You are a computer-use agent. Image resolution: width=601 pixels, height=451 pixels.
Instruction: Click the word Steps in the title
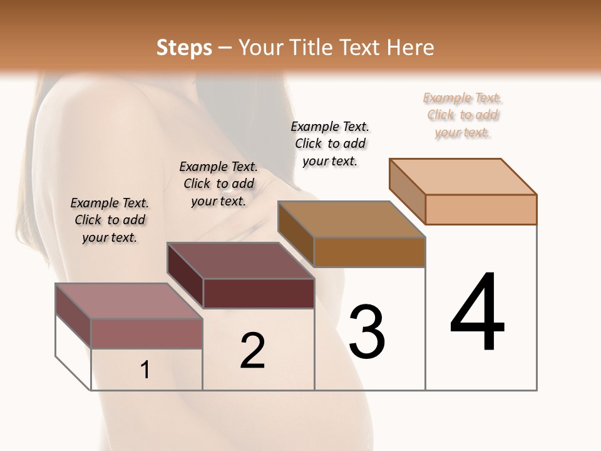(184, 48)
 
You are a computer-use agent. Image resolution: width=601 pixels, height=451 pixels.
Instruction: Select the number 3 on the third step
(367, 332)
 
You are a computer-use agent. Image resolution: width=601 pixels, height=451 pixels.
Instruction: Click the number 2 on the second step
(253, 351)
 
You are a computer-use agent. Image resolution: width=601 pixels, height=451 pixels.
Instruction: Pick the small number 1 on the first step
(145, 370)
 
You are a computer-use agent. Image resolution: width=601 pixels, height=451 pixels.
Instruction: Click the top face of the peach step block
(463, 176)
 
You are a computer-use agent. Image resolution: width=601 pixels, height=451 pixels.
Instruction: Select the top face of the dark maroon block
(240, 261)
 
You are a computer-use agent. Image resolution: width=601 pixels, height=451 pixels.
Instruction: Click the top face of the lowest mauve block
(129, 301)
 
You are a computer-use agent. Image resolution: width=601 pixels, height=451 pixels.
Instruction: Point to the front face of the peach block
(481, 209)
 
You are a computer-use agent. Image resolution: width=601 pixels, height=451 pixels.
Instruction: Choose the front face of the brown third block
(369, 252)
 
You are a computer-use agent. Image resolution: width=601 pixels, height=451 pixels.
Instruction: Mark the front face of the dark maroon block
(259, 293)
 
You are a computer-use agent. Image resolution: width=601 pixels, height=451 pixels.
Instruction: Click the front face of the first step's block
(147, 333)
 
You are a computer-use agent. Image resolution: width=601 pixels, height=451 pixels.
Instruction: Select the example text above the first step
(110, 220)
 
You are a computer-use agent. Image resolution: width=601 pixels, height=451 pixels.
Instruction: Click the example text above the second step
(218, 184)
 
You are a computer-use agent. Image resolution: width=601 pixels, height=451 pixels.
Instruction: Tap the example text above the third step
(330, 143)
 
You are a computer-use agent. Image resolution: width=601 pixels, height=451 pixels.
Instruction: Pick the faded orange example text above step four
(463, 115)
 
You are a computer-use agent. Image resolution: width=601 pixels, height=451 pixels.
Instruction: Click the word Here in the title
(413, 48)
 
